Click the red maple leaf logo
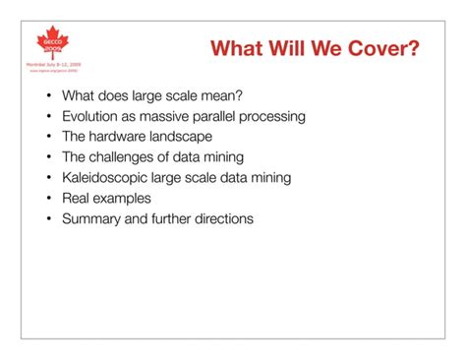53,39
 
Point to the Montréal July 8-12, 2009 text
54,64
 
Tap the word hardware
120,137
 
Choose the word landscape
182,137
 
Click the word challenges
127,157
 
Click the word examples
128,199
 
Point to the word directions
220,219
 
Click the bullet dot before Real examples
47,199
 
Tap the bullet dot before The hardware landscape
47,137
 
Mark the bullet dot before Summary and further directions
47,219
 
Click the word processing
275,116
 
